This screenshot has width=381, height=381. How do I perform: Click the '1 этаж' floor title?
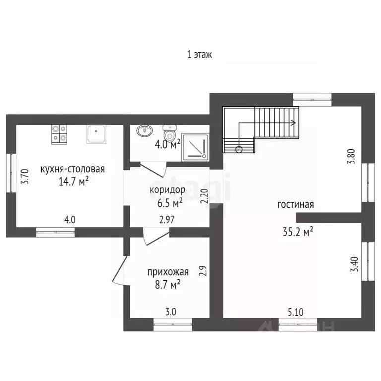199,54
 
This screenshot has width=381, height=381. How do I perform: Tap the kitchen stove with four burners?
59,134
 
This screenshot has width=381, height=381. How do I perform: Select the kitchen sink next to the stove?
96,134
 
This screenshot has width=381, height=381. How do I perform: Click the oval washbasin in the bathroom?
145,130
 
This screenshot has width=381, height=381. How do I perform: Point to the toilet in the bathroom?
170,133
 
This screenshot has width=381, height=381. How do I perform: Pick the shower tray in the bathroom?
195,147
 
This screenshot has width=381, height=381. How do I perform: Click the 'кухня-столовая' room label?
72,169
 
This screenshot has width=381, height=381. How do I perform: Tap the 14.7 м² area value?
73,181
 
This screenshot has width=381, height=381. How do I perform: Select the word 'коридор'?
167,190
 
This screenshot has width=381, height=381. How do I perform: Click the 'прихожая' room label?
168,272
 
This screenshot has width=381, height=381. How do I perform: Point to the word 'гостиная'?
296,204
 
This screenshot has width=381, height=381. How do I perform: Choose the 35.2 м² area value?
298,232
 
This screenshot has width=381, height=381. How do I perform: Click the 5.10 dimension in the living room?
296,312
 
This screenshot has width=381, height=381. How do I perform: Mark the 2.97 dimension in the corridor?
167,220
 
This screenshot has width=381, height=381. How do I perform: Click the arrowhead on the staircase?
294,123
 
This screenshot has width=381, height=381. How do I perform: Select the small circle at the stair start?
239,149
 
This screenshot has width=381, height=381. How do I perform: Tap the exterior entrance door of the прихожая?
120,270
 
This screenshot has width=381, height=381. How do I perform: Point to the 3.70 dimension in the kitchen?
25,176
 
